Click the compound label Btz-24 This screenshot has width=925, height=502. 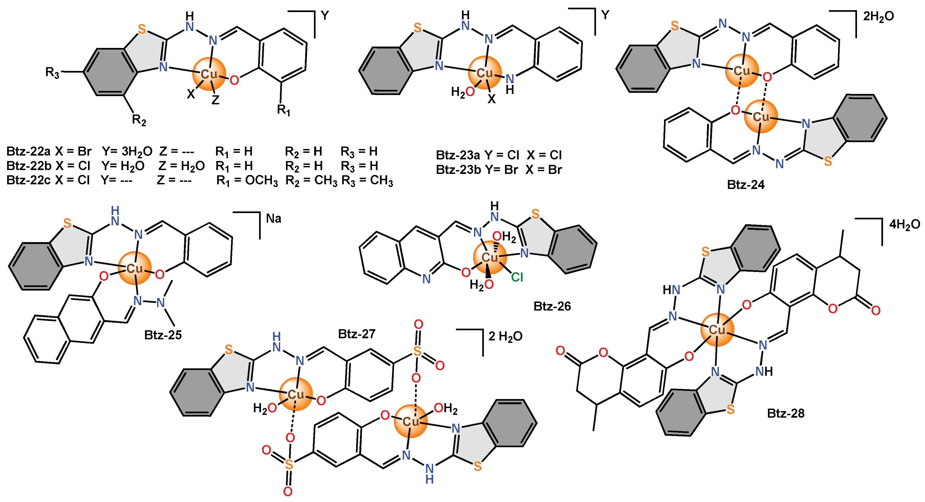pos(745,185)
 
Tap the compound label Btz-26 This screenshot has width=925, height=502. pos(552,306)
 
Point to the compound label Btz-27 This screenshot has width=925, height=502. pos(357,334)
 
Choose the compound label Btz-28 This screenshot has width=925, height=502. pos(786,413)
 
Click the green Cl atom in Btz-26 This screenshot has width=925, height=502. pos(517,277)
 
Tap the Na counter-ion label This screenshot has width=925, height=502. pos(274,219)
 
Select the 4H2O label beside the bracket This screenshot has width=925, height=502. pos(904,225)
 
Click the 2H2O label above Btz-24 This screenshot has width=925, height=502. pos(878,16)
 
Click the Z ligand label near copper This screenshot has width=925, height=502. pos(215,100)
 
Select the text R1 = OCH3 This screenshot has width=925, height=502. pos(247,180)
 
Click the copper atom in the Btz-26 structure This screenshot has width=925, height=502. pos(490,257)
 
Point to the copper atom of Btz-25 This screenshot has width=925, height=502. pos(135,268)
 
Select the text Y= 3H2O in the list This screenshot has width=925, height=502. pos(127,152)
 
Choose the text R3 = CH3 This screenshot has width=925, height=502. pos(367,180)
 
